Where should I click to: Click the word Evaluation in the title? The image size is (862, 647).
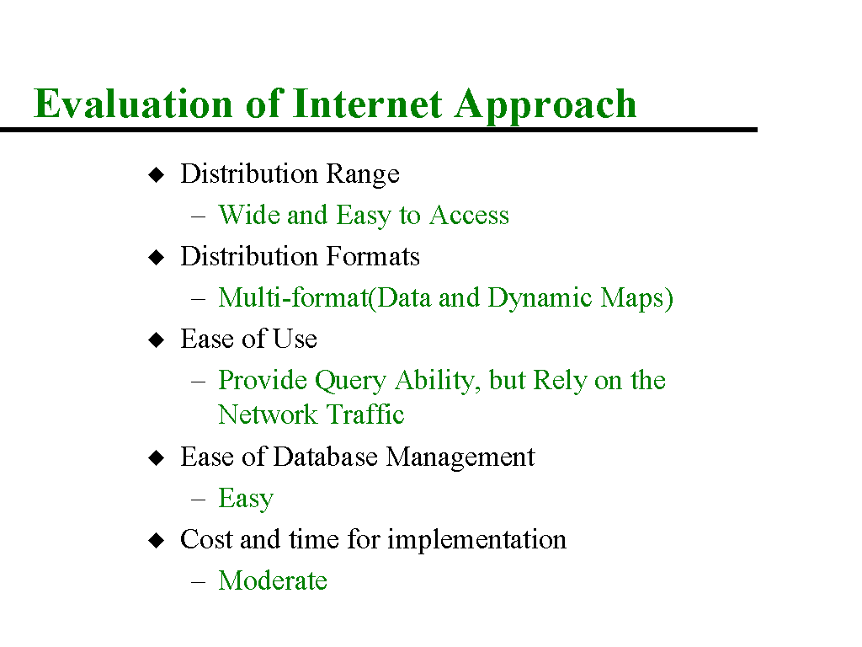(133, 103)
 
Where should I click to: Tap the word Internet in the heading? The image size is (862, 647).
(367, 103)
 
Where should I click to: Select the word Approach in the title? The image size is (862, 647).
(545, 104)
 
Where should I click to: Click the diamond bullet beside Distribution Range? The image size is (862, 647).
(157, 175)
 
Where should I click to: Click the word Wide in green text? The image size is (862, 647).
(248, 215)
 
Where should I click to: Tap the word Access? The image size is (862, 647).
(469, 215)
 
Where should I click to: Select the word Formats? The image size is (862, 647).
(373, 256)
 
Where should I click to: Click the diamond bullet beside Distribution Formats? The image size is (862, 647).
(157, 258)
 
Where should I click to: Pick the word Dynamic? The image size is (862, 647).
(540, 299)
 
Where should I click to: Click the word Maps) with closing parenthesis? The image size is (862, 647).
(636, 299)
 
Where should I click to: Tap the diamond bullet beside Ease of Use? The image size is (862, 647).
(157, 340)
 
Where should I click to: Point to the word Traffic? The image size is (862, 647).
(365, 414)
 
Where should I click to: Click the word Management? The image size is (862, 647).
(460, 458)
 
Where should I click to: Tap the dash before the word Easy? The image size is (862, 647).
(199, 500)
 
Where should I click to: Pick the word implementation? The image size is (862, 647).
(476, 540)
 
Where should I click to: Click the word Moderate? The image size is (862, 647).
(273, 580)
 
